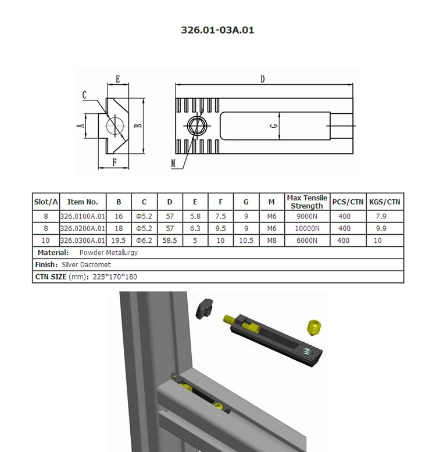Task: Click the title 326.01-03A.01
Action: (217, 30)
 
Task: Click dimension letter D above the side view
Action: (263, 80)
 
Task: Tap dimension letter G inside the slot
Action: (273, 127)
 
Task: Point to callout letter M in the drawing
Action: (173, 163)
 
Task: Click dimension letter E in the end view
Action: (117, 78)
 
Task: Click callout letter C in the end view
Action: (85, 95)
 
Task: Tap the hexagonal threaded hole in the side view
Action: (196, 125)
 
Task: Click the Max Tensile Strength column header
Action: (307, 202)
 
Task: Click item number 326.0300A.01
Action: (83, 241)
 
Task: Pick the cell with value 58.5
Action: (170, 241)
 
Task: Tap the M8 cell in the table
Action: (271, 241)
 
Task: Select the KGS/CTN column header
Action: (385, 202)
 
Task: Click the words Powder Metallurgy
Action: (109, 253)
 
